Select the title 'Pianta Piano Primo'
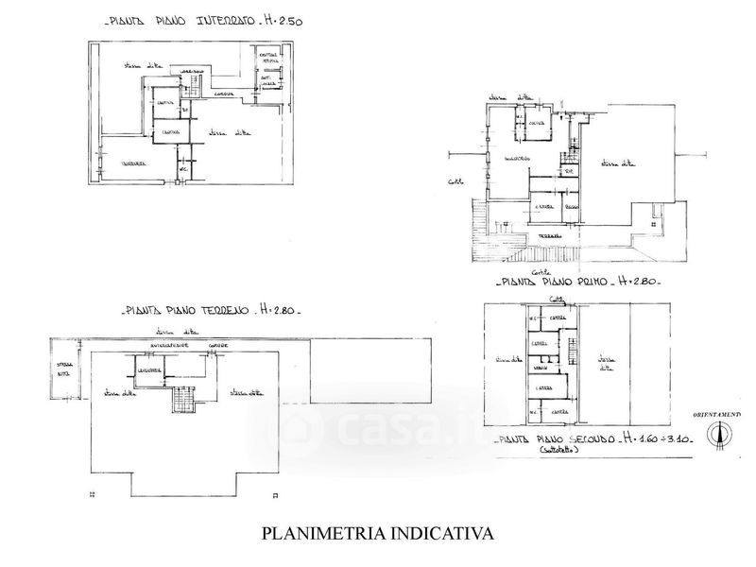tap(553, 283)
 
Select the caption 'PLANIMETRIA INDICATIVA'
tap(377, 534)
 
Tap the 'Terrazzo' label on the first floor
tap(548, 234)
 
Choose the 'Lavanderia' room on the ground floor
tap(149, 369)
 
